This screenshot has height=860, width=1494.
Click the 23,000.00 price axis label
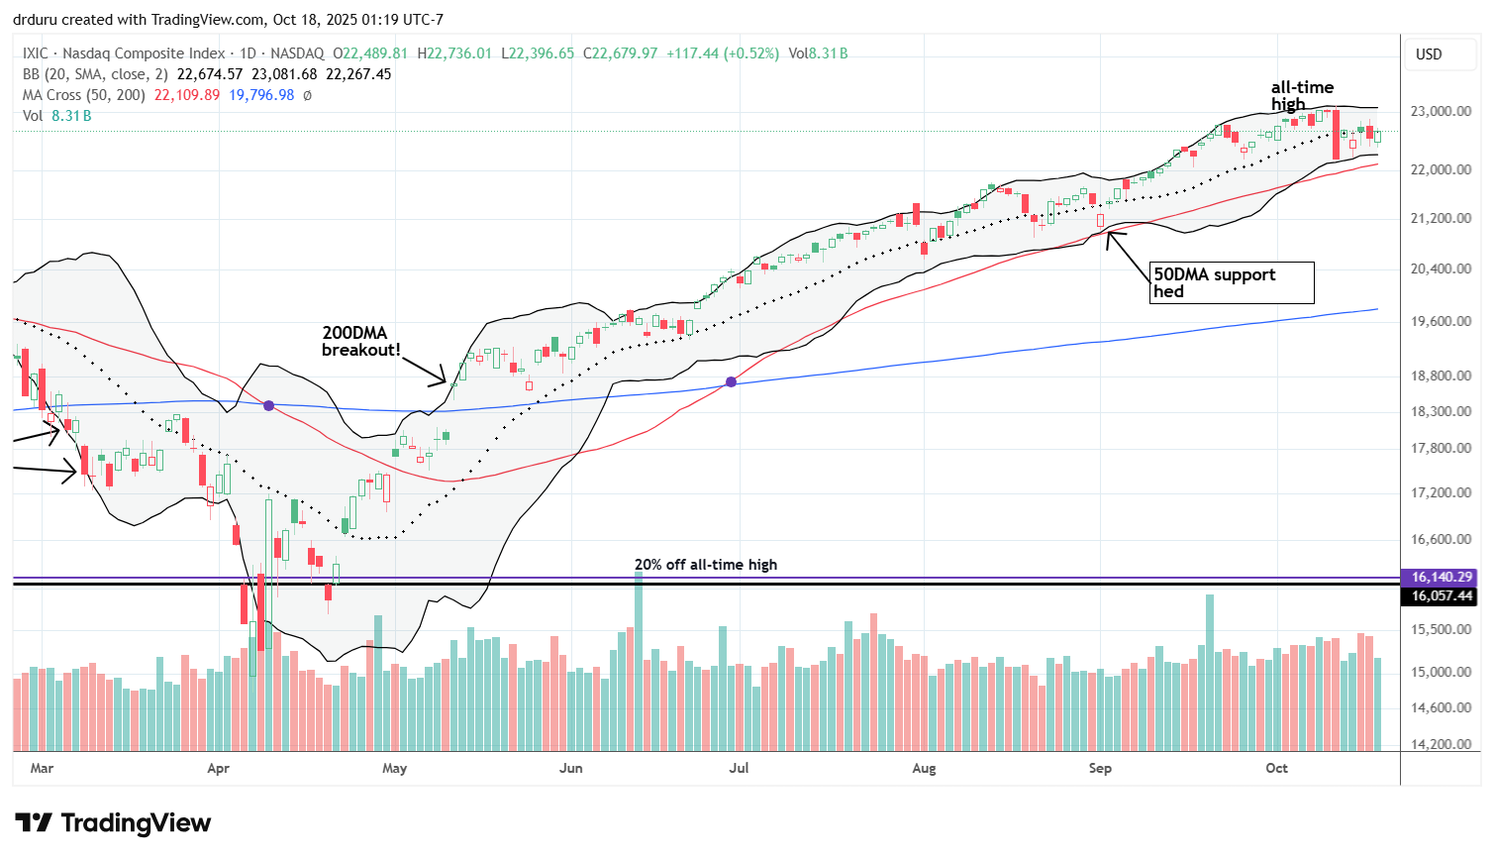(x=1442, y=111)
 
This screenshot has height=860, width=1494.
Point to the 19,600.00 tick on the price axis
(x=1442, y=321)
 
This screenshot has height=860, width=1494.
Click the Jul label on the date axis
(x=739, y=768)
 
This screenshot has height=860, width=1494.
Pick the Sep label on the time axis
(x=1100, y=768)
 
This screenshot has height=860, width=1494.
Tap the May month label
(x=394, y=768)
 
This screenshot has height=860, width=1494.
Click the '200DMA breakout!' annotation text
(x=361, y=342)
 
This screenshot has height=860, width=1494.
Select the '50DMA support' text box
(x=1232, y=282)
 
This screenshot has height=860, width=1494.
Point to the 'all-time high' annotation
(x=1302, y=95)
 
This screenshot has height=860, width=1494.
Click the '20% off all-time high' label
(x=706, y=565)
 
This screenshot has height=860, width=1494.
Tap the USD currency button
(x=1429, y=54)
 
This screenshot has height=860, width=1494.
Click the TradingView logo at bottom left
(x=113, y=823)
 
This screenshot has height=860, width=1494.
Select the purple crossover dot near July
(x=732, y=381)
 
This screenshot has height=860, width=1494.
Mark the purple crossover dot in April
(x=268, y=405)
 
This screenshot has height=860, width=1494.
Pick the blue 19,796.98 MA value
(x=262, y=95)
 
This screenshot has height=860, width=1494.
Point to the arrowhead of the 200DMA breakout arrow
(x=447, y=381)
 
